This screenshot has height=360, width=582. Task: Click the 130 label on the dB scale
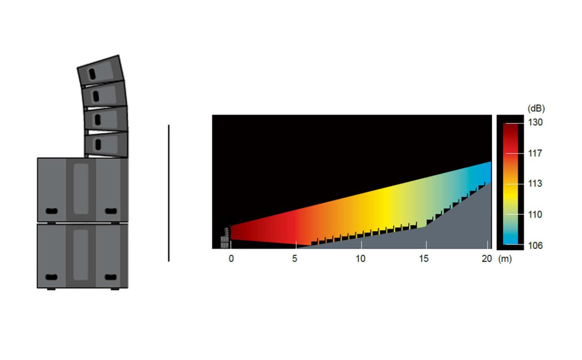pos(535,122)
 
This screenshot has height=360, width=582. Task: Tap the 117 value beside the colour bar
pos(535,153)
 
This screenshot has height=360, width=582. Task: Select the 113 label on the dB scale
pos(535,183)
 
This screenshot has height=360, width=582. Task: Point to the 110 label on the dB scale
pos(535,215)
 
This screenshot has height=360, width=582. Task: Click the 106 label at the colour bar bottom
pos(535,245)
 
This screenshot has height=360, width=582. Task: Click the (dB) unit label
pos(536,108)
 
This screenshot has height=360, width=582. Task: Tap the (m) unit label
pos(505,259)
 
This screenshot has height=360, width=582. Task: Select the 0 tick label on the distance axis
pos(231,259)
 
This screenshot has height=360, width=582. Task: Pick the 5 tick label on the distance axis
pos(294,259)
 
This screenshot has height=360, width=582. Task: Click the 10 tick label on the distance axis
pos(360,259)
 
